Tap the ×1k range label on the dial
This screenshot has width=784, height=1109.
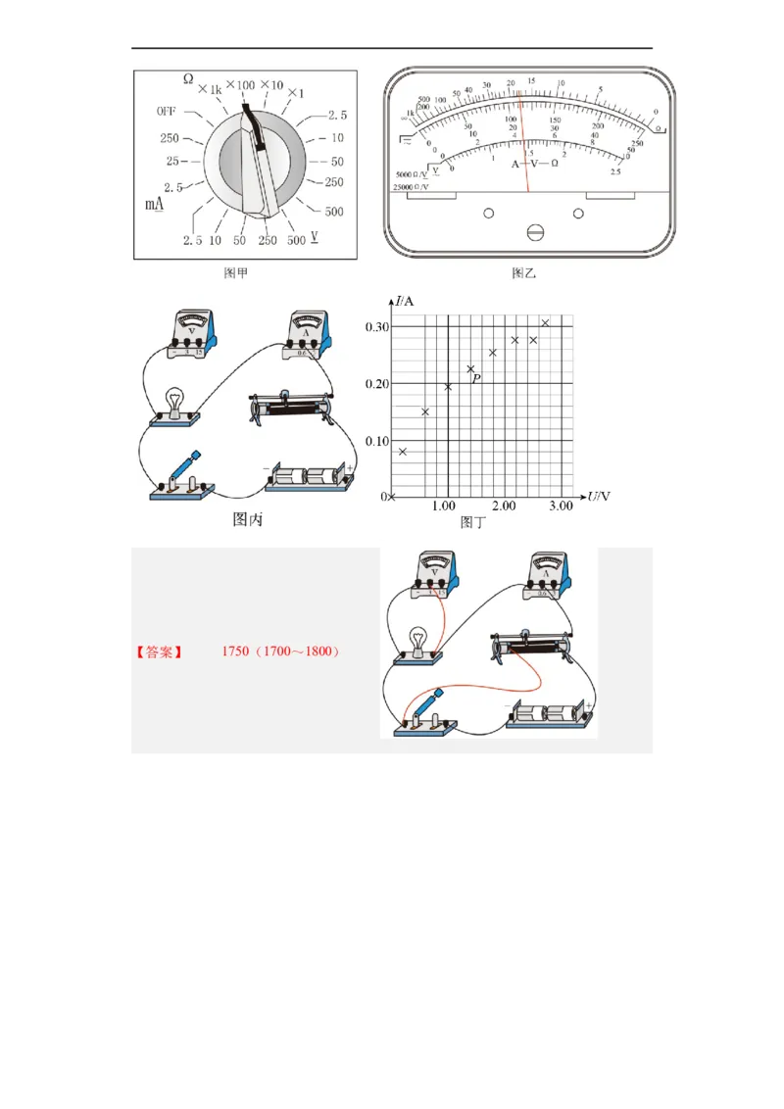(x=210, y=90)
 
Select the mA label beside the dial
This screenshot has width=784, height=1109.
(x=155, y=204)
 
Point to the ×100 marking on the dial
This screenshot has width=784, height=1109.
(x=240, y=85)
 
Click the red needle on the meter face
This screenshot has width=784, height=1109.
(x=524, y=137)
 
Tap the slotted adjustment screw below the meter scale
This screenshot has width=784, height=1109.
(x=535, y=232)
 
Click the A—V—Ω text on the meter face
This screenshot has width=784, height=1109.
(x=534, y=164)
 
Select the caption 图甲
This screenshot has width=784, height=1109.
(x=236, y=273)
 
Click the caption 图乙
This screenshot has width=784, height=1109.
(x=525, y=273)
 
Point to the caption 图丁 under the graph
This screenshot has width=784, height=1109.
(x=473, y=522)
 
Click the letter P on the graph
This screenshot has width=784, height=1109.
(x=477, y=378)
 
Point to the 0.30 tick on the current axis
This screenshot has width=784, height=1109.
(x=377, y=326)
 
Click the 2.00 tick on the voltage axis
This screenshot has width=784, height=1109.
(x=503, y=506)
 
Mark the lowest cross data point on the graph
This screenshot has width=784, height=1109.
(x=403, y=452)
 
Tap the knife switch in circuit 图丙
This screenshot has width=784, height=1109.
(x=178, y=477)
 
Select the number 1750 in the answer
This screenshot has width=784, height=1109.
(x=235, y=651)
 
